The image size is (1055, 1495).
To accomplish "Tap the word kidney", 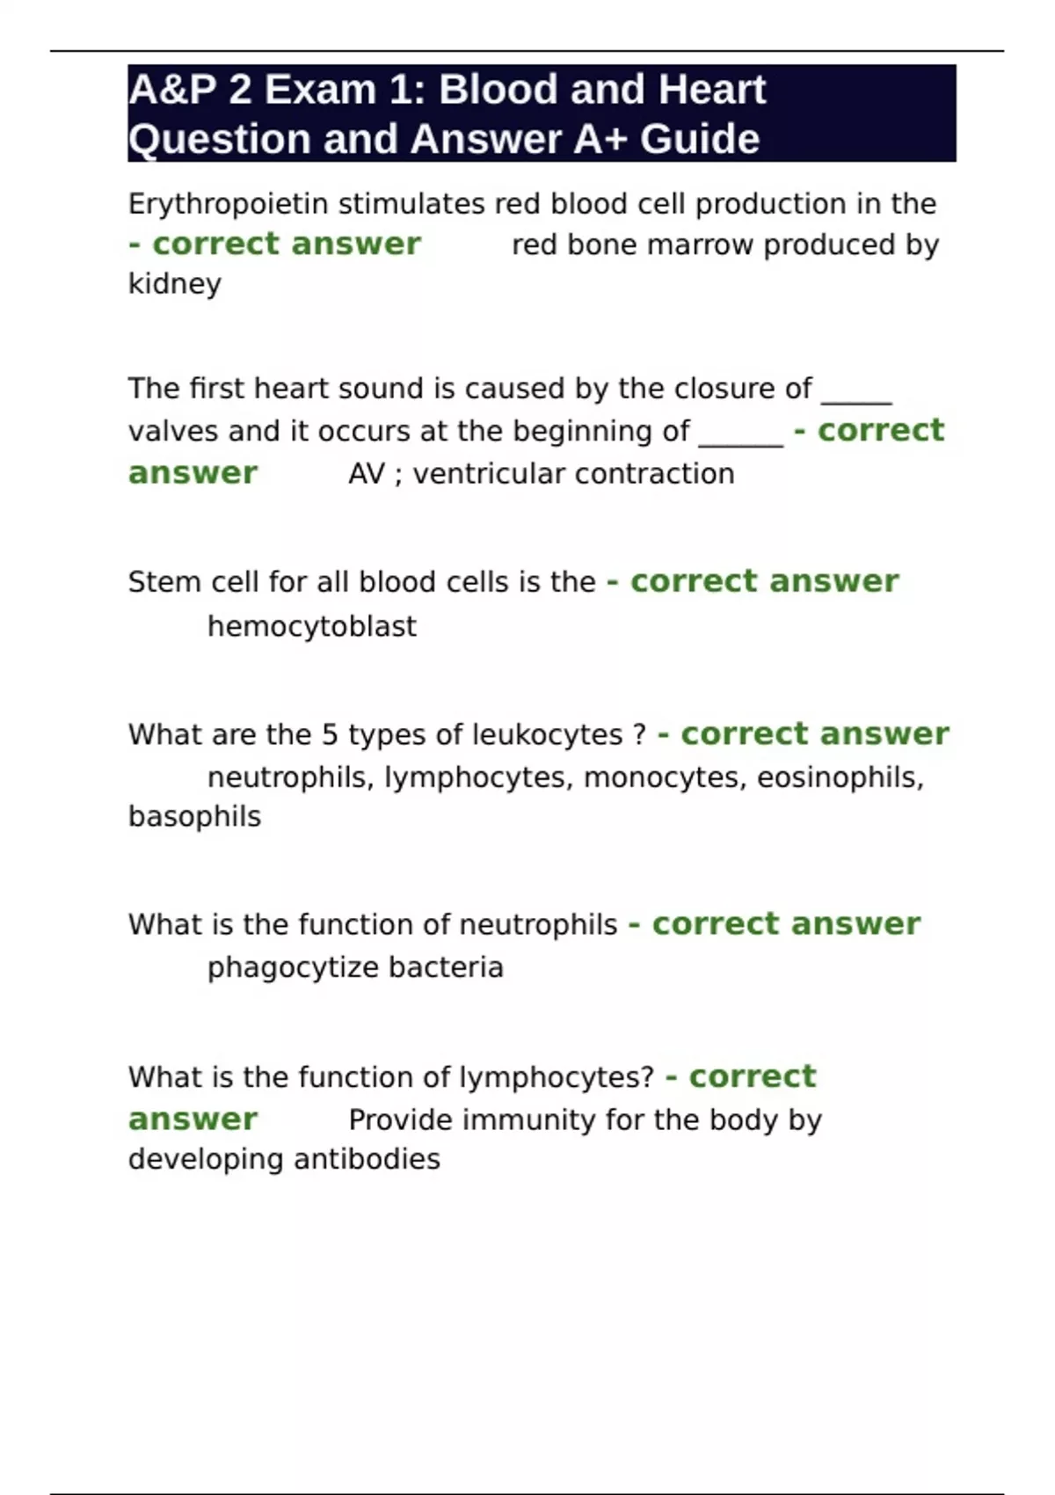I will (174, 284).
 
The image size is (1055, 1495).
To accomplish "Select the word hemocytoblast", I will (311, 626).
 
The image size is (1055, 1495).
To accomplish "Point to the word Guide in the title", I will (700, 139).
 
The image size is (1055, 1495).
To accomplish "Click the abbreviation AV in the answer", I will (366, 474).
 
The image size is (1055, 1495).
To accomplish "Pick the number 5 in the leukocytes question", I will (330, 734).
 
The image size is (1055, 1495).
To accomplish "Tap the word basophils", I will (194, 817).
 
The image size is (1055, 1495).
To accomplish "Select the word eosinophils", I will (840, 777).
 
